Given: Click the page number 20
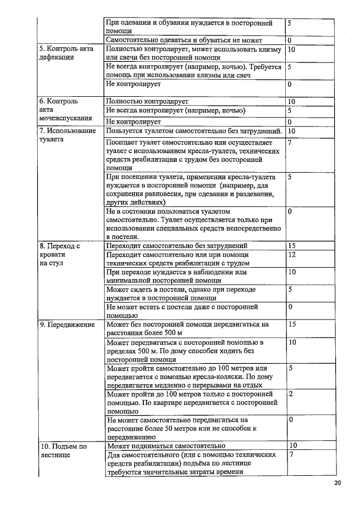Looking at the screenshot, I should click(x=337, y=483).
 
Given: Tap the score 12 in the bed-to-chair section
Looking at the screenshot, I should click(x=291, y=255).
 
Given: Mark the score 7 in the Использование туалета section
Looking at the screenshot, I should click(x=289, y=143).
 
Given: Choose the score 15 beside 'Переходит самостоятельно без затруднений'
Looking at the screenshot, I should click(x=291, y=246).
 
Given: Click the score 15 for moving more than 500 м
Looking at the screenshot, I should click(x=291, y=325).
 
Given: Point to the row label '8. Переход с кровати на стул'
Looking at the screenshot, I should click(x=59, y=254).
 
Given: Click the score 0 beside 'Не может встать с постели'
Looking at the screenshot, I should click(x=289, y=307).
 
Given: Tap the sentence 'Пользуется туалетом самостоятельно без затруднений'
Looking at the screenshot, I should click(x=193, y=131).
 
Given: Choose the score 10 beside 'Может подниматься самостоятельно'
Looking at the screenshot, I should click(x=291, y=446).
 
